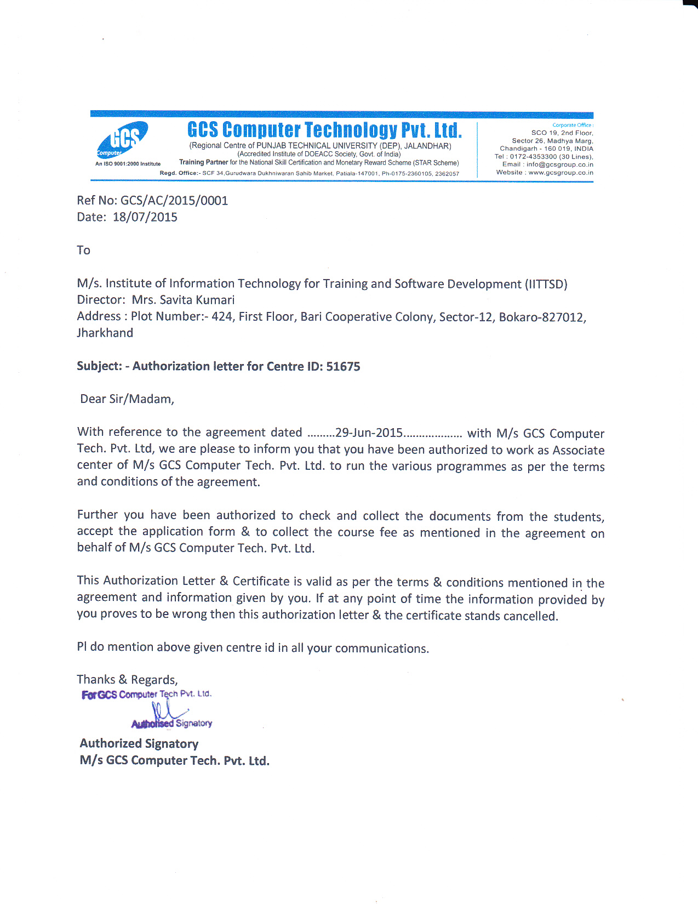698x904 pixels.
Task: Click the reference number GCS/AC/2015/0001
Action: [174, 201]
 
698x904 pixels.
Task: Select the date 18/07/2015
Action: [145, 217]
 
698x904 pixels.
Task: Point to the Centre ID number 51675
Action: [343, 366]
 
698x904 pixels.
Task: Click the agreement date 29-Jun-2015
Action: [369, 433]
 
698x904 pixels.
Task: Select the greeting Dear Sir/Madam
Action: [127, 399]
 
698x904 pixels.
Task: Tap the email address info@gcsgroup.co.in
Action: [559, 164]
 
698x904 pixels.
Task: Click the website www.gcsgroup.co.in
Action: [560, 173]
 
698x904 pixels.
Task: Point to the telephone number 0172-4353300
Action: [533, 157]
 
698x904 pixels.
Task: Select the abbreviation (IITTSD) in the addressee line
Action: [546, 284]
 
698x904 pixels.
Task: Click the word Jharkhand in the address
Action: [105, 333]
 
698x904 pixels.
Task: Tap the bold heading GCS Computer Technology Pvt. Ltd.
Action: [324, 130]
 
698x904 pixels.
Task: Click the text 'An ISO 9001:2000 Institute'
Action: [128, 164]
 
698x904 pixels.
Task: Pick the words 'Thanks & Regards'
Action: [127, 680]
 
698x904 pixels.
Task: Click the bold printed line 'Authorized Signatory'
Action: [139, 744]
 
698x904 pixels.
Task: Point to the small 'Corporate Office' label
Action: [572, 125]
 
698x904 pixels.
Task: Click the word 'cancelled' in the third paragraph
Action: [530, 616]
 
